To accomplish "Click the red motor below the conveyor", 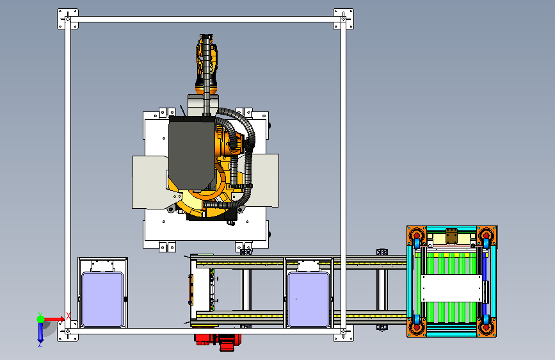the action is point(218,341).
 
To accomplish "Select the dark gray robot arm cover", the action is point(192,152).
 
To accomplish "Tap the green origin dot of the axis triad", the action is point(41,319).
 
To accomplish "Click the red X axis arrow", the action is point(53,319).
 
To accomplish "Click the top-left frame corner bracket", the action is point(68,19).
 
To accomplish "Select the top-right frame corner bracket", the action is point(343,19).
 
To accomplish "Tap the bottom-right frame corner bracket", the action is point(343,331).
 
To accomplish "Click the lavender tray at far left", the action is point(102,299).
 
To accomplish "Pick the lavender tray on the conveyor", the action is point(309,299).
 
